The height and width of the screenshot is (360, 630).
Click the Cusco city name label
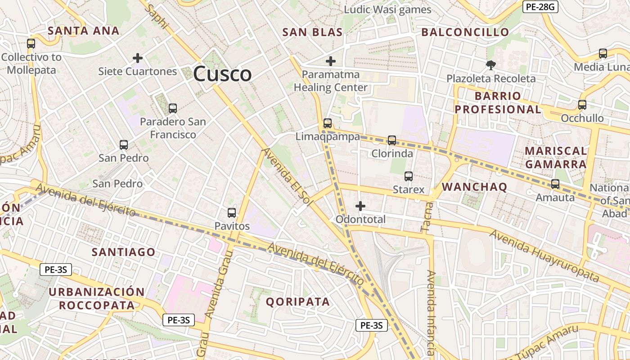(x=222, y=74)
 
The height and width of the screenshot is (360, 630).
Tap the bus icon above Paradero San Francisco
(x=172, y=108)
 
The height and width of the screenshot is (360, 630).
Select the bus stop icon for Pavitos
(x=232, y=213)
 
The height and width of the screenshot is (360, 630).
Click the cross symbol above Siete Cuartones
(x=138, y=58)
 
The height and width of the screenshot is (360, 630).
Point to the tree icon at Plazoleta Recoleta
(x=490, y=65)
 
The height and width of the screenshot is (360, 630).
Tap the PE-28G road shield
(x=540, y=7)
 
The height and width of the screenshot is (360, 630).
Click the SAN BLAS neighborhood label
(x=312, y=32)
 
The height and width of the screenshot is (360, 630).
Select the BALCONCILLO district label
(x=465, y=32)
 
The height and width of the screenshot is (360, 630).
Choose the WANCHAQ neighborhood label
(x=475, y=187)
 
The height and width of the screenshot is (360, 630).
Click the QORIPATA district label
(x=298, y=301)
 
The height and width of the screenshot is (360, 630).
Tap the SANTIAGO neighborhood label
(x=124, y=252)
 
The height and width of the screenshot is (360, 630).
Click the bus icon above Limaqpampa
(x=328, y=123)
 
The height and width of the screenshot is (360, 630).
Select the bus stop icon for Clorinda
(x=392, y=140)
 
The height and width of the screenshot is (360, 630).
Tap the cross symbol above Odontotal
(x=360, y=206)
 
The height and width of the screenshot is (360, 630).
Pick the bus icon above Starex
(x=409, y=176)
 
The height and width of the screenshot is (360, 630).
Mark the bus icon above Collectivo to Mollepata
(x=31, y=44)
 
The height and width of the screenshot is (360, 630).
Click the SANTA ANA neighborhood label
(x=84, y=31)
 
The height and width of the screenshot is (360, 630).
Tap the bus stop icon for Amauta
(x=555, y=184)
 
